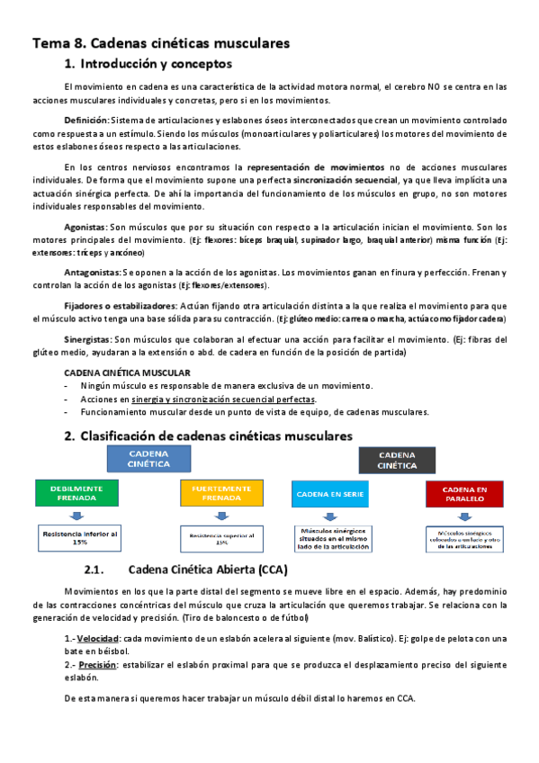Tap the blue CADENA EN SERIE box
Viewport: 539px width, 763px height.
pyautogui.click(x=328, y=493)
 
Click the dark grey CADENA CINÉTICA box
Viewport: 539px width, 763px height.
pyautogui.click(x=398, y=461)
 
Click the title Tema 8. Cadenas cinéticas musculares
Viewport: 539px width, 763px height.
pyautogui.click(x=161, y=42)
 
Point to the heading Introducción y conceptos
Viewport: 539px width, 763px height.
pyautogui.click(x=157, y=64)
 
